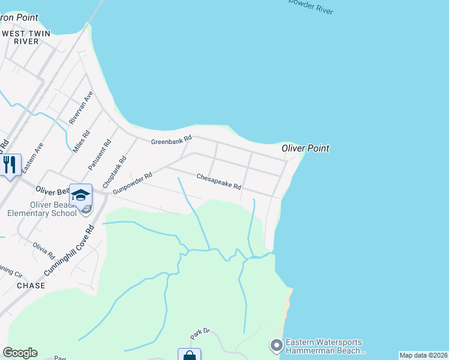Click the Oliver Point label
tap(306, 148)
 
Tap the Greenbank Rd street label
tap(171, 140)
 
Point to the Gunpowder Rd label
tap(133, 182)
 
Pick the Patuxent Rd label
tap(100, 155)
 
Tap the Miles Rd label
tap(80, 141)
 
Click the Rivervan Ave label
tap(81, 108)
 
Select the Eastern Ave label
tap(32, 158)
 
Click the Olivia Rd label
tap(44, 250)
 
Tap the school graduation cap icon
tap(80, 195)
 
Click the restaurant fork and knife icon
tap(10, 165)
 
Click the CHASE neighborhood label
tap(31, 286)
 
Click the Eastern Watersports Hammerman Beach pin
tap(276, 346)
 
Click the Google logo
tap(20, 353)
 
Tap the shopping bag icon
tap(189, 355)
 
